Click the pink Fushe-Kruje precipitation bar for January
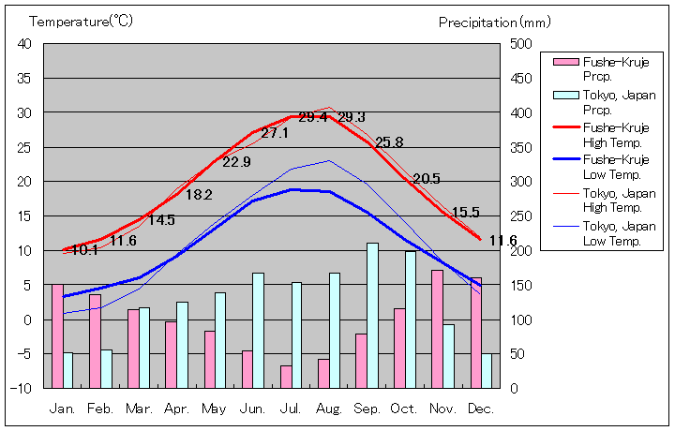coord(57,335)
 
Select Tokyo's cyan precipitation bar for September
coord(372,315)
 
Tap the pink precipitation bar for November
coord(437,329)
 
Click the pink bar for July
coord(285,377)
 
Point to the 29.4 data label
coord(313,117)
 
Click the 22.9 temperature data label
coord(236,162)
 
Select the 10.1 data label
coord(84,250)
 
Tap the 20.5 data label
coord(427,178)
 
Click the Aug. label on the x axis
coord(328,409)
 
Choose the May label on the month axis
coord(214,409)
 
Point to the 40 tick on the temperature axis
coord(24,44)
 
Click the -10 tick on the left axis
coord(22,388)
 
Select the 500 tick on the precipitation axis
coord(521,44)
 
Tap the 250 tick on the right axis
coord(521,216)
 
